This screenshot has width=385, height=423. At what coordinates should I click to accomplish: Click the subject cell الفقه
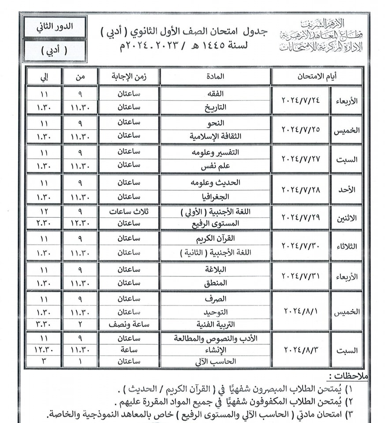coord(215,93)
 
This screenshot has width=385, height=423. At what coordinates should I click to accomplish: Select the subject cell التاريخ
coord(215,107)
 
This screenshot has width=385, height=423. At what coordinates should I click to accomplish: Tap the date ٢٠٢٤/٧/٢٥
coord(300,129)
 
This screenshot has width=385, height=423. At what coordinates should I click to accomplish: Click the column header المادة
coord(215,76)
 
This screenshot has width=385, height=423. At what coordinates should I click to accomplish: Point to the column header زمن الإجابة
coord(128,76)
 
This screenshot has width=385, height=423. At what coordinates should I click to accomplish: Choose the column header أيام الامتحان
coord(317,76)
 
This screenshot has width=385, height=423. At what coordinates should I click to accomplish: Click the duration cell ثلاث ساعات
coord(128,211)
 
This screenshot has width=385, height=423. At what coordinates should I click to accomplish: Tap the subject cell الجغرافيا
coord(215,195)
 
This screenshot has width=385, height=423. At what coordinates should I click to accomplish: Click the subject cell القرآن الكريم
coord(215,239)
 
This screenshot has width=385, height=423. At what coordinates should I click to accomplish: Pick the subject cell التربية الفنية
coord(215,324)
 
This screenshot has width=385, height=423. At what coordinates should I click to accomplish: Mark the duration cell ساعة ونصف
coord(128,324)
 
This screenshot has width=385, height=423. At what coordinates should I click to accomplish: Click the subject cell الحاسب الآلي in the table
coord(215,361)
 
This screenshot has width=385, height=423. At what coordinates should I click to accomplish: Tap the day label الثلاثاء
coord(347,246)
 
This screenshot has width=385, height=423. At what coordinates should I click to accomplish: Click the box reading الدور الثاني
coord(55,26)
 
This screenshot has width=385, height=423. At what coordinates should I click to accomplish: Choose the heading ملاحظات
coord(348,376)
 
